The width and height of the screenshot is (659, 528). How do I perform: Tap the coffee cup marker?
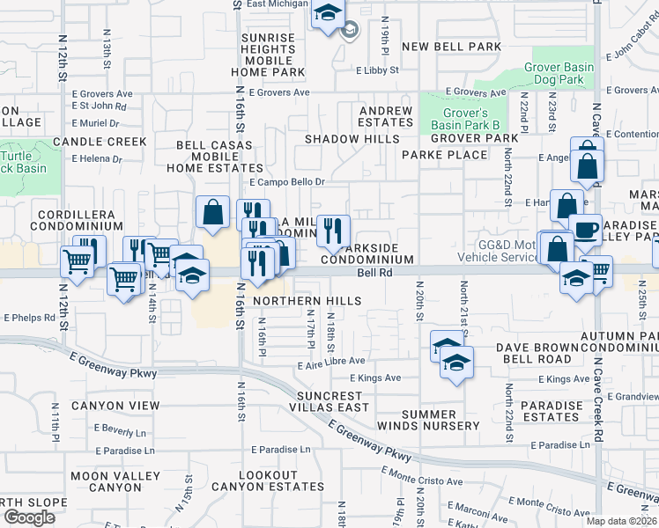(586, 231)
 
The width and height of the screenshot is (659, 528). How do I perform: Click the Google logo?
(29, 517)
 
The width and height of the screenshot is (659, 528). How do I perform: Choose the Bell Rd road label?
(374, 273)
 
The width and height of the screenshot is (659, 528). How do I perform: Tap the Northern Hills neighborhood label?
(307, 301)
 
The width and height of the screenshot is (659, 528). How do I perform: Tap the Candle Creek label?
(100, 141)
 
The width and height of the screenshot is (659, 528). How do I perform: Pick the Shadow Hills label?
(352, 139)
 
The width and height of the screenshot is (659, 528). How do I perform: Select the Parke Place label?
(444, 155)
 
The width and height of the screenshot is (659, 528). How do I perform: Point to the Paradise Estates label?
(552, 411)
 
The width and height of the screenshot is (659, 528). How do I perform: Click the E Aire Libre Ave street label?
(331, 361)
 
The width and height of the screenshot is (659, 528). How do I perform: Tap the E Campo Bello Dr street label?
(287, 182)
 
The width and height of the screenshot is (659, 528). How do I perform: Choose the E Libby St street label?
(378, 70)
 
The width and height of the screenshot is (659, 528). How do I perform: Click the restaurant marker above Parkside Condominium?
(332, 231)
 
